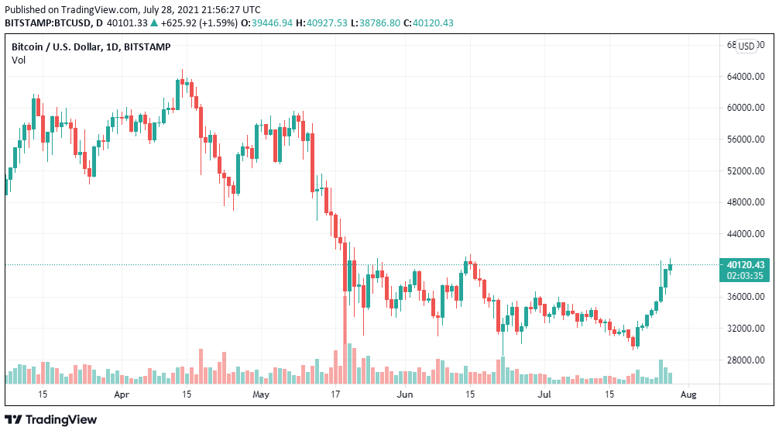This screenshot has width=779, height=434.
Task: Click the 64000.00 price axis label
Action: pos(746,77)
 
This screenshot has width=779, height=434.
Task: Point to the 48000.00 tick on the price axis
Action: pos(746,202)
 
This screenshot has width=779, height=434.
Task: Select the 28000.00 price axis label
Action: pos(746,360)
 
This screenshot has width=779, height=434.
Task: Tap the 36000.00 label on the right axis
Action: pos(746,297)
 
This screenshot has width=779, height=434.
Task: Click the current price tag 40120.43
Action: pos(746,264)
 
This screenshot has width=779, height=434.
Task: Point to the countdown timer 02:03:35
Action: pos(746,275)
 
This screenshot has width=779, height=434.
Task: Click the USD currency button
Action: pos(746,46)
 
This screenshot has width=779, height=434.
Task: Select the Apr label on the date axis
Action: pos(121,394)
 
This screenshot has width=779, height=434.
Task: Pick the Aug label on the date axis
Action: pos(688,394)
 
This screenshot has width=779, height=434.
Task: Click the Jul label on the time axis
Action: pos(545,394)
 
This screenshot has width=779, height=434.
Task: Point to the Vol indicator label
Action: pos(18,60)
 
